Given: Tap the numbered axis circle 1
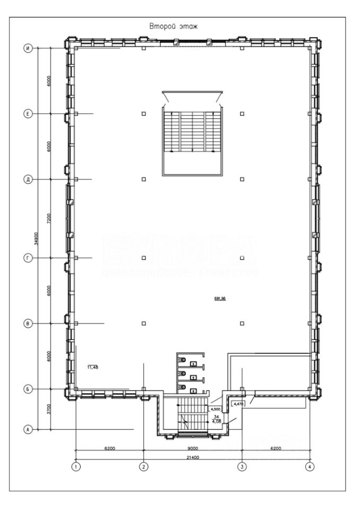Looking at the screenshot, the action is [x=76, y=467].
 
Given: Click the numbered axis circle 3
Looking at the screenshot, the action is [x=242, y=467].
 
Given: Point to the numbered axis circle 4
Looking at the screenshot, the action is [x=310, y=467].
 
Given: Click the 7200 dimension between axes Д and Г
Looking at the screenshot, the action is [x=49, y=219].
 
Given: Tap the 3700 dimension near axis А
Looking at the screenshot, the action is [x=49, y=409].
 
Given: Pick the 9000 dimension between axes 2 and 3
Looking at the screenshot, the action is [x=193, y=449].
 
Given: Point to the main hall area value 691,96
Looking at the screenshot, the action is [x=220, y=299].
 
